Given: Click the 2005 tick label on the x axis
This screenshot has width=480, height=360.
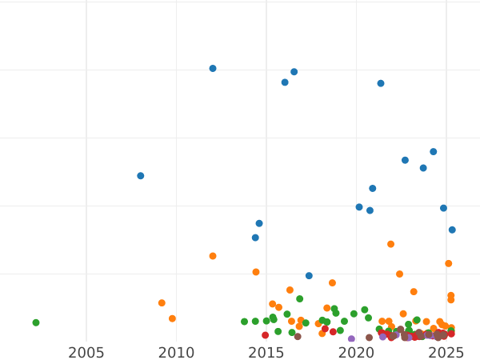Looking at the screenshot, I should point(86,353).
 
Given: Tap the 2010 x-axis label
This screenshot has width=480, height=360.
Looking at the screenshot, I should point(176,353).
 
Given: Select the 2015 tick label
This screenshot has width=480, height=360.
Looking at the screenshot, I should point(266,353).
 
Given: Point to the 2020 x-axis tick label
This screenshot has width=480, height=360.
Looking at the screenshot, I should point(356,353).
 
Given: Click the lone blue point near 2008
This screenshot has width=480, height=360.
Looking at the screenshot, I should point(141,176).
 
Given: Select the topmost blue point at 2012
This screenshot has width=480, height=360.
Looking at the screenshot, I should point(213,69).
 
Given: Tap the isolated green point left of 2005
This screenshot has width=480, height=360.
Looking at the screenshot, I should point(36,322).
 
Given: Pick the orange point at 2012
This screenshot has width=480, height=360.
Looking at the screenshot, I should point(213,256).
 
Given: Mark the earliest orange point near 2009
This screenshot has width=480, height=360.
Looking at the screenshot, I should point(162,303).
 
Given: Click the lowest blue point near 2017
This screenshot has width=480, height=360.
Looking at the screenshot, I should point(309,276).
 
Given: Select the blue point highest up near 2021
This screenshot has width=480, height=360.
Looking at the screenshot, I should point(381,83).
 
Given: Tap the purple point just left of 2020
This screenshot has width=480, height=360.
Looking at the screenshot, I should point(351,339).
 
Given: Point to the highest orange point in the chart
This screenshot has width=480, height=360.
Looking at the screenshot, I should point(390,244).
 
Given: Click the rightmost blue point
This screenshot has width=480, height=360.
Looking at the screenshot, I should point(452,230).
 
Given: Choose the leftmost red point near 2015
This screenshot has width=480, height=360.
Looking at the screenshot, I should point(266,335).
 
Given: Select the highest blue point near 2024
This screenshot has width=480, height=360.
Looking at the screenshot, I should point(434,151).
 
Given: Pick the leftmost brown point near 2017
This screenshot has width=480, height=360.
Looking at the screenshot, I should point(298,337).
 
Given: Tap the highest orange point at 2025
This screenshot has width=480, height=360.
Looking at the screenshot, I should point(449,263).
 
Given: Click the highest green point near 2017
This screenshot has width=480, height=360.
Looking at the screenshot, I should point(300,299).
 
